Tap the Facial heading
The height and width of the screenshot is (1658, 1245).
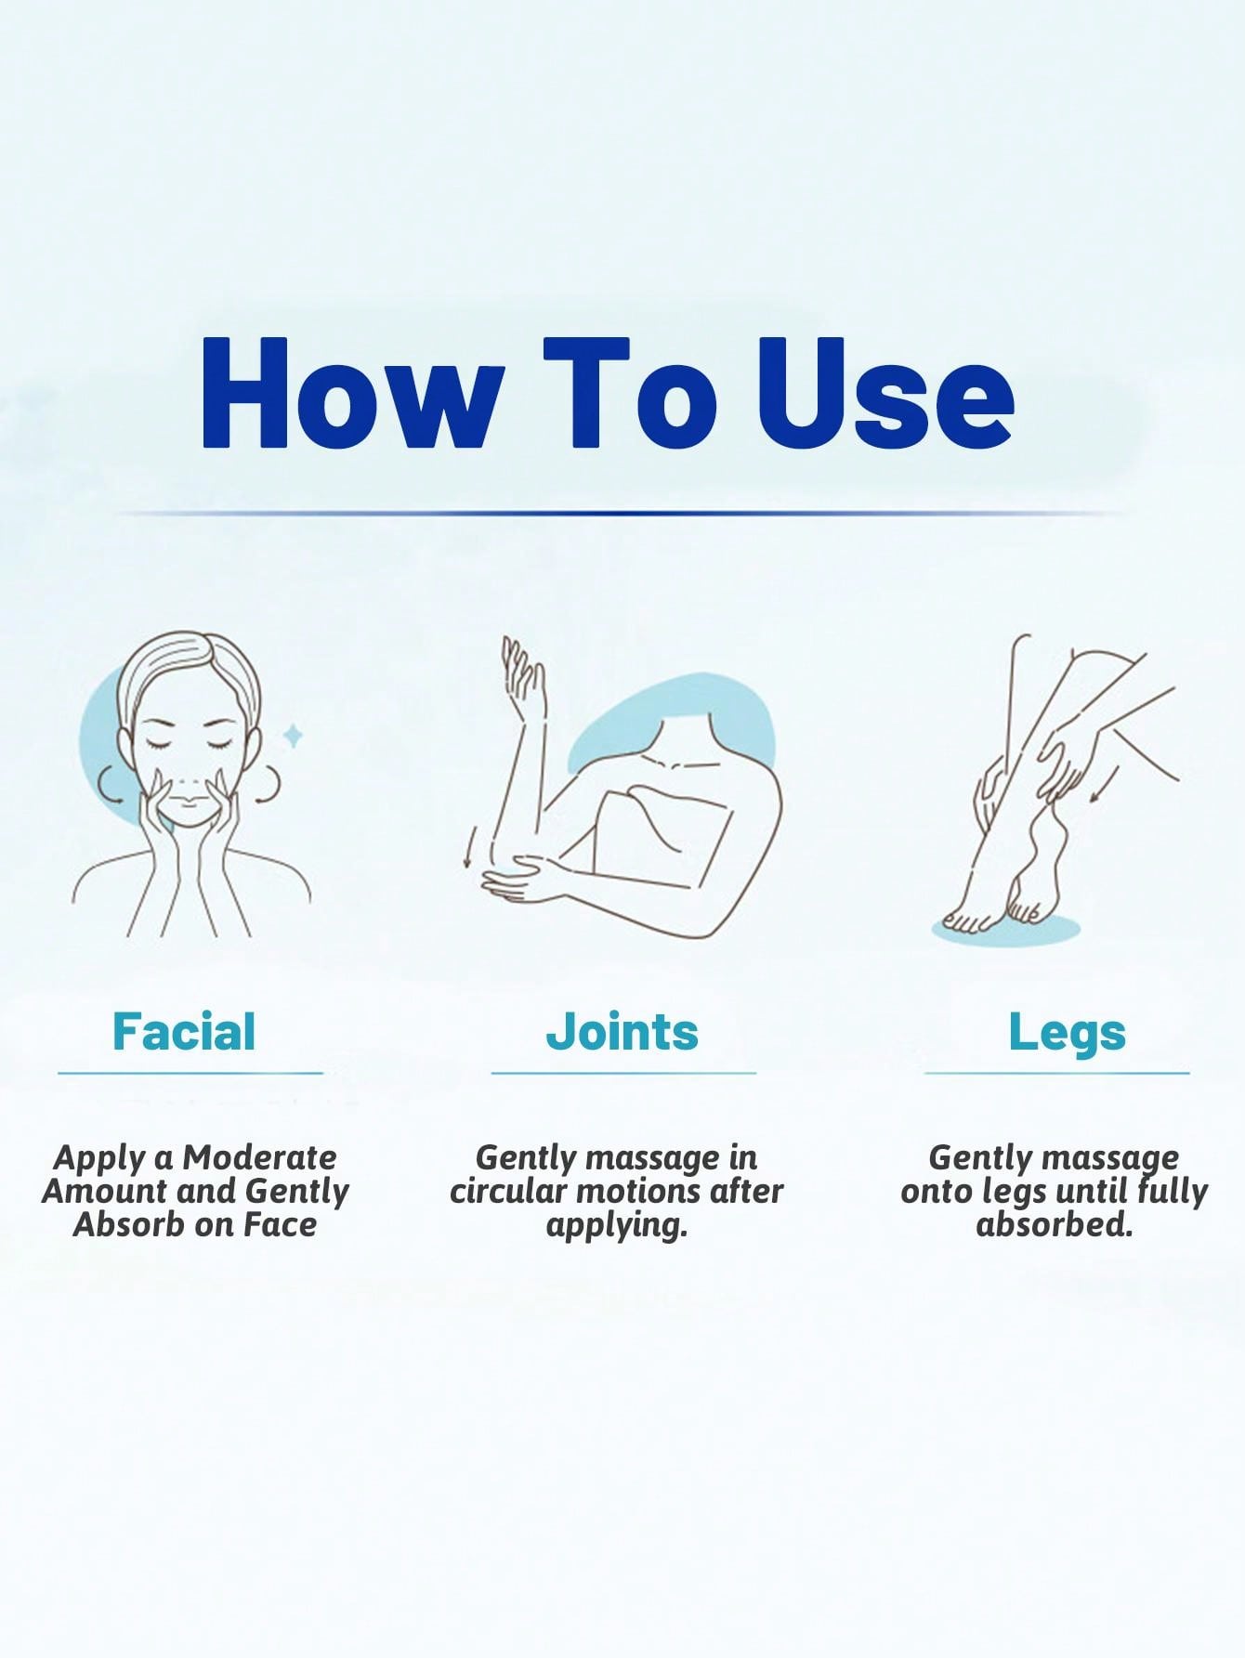click(x=184, y=1031)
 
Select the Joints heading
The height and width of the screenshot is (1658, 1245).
click(x=622, y=1033)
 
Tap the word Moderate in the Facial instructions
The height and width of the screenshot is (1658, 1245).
click(x=259, y=1157)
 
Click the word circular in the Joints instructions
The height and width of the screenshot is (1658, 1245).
click(x=507, y=1191)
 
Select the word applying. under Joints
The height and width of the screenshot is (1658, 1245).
click(x=617, y=1226)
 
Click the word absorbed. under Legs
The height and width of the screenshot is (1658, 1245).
click(x=1055, y=1224)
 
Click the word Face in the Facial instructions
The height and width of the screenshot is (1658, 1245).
click(x=280, y=1224)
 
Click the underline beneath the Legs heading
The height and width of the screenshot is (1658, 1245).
click(x=1056, y=1073)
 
